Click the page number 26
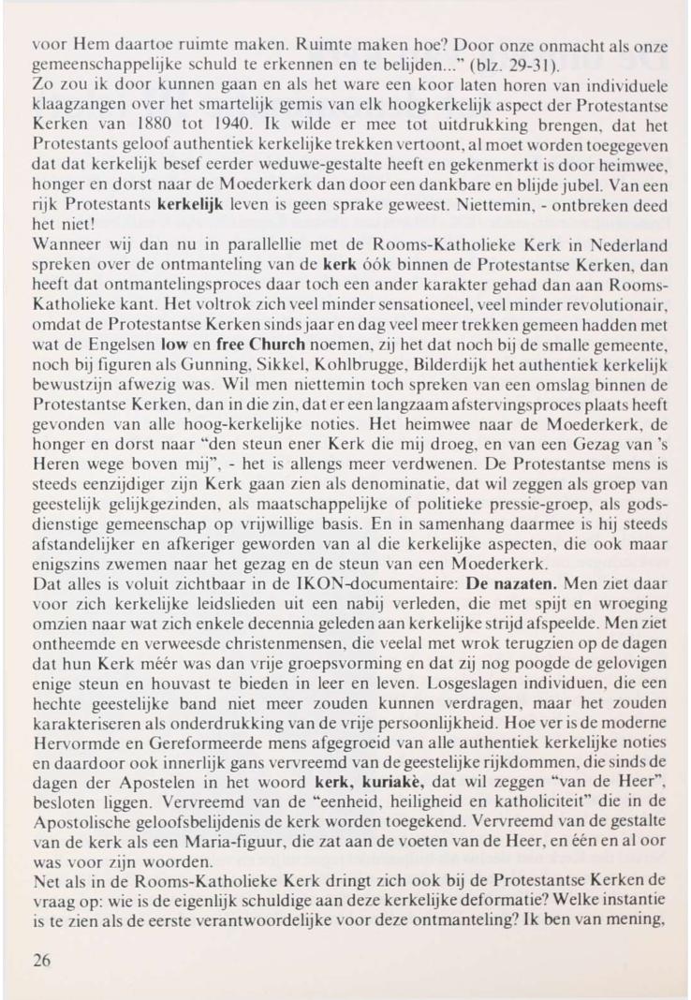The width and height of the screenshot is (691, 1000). pyautogui.click(x=41, y=947)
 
